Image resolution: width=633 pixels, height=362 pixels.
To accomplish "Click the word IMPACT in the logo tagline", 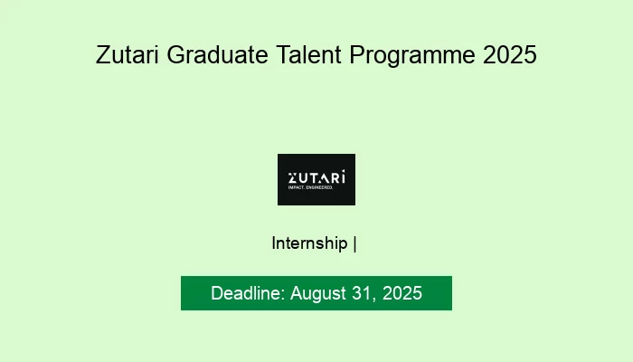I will [296, 187].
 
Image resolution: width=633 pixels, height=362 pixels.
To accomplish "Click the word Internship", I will [309, 243].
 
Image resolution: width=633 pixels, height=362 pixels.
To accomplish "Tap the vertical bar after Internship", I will [354, 243].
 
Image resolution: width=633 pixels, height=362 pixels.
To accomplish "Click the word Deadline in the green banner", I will [248, 294].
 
